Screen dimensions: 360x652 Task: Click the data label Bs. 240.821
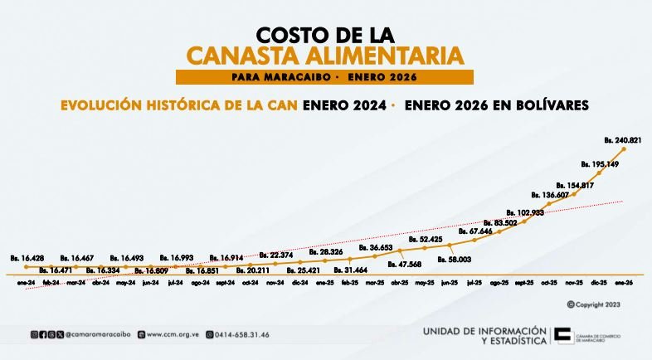(625, 140)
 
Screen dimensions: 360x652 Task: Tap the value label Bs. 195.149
(600, 163)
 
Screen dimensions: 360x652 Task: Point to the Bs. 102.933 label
(525, 212)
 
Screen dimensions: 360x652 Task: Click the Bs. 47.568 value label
(404, 264)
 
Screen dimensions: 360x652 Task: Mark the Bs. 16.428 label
(27, 258)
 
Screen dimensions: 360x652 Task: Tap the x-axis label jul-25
(474, 283)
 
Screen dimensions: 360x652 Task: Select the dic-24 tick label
(299, 283)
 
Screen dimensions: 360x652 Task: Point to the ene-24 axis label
(27, 283)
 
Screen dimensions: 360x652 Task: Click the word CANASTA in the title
(254, 56)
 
